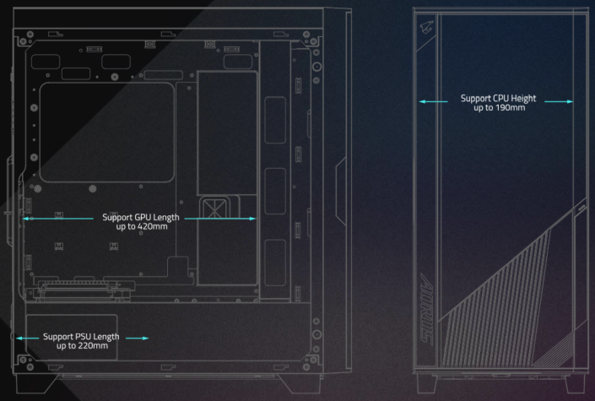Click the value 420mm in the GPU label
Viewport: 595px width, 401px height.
[153, 227]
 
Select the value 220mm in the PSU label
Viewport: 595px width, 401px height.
[93, 346]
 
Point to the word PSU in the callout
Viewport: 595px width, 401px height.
[83, 337]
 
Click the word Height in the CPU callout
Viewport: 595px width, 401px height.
[524, 99]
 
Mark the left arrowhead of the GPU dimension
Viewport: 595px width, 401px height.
[26, 219]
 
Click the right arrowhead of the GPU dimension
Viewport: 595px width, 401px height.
[252, 219]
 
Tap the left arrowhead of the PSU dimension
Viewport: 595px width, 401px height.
[19, 338]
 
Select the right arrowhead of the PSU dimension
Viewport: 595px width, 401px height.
[145, 338]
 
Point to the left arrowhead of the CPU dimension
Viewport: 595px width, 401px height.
[422, 101]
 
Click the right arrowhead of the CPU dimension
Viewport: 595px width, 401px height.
[570, 101]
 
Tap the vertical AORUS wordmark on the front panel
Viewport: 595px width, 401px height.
[427, 308]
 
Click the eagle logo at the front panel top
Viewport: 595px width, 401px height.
[427, 28]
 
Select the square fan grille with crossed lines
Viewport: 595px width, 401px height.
[215, 208]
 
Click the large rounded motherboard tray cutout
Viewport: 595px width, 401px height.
[107, 133]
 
